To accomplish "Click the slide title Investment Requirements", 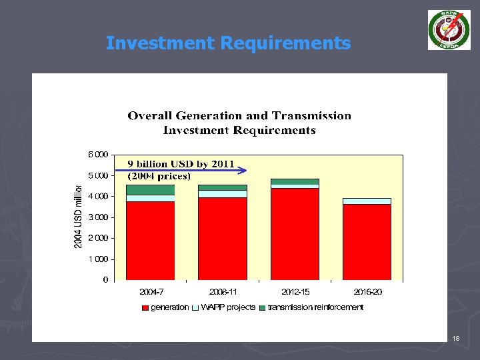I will [x=228, y=43].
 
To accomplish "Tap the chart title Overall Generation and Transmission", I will [x=239, y=115].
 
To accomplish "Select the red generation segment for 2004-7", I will [x=150, y=240].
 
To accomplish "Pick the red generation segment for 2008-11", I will [x=222, y=238].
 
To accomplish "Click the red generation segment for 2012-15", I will [x=295, y=233].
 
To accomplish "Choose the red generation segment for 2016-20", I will [x=367, y=241].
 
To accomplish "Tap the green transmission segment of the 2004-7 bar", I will [x=150, y=190].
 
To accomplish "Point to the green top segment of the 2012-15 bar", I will [x=295, y=181].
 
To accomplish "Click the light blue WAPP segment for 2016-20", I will [x=367, y=201].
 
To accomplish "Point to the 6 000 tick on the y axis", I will [x=98, y=155].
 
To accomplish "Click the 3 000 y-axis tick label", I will [x=98, y=217].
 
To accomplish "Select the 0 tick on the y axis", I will [x=105, y=280].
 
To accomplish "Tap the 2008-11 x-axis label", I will [x=222, y=292].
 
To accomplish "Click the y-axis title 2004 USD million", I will [x=78, y=217].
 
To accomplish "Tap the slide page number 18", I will [x=456, y=339].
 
